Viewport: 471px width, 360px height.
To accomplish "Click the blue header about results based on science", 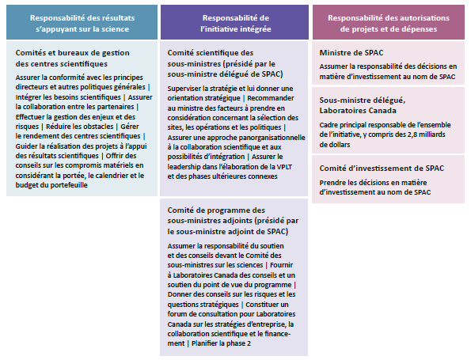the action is tap(81, 21).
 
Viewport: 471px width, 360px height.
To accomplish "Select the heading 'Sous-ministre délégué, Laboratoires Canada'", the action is tap(363, 105).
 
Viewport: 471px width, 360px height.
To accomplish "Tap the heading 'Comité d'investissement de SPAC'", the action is tap(370, 169).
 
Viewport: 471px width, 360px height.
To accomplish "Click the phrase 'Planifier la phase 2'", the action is tap(227, 343).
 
